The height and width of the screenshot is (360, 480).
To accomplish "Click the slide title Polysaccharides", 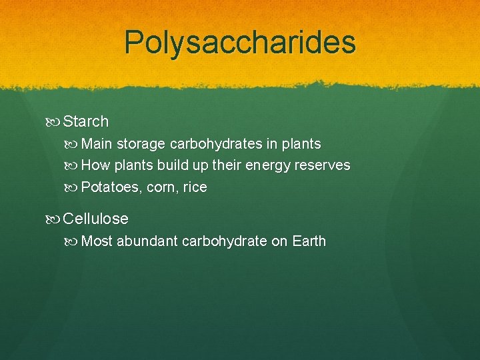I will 240,43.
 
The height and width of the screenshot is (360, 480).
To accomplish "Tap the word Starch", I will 85,121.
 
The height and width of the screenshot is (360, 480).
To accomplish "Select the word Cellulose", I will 95,219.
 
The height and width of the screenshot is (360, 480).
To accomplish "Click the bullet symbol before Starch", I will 54,121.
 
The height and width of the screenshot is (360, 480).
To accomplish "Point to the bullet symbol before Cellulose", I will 54,219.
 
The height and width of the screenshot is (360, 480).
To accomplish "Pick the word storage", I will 141,144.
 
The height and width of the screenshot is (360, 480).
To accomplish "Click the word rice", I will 195,187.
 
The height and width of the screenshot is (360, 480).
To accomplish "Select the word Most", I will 97,241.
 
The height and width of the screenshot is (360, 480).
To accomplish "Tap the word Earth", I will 309,241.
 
